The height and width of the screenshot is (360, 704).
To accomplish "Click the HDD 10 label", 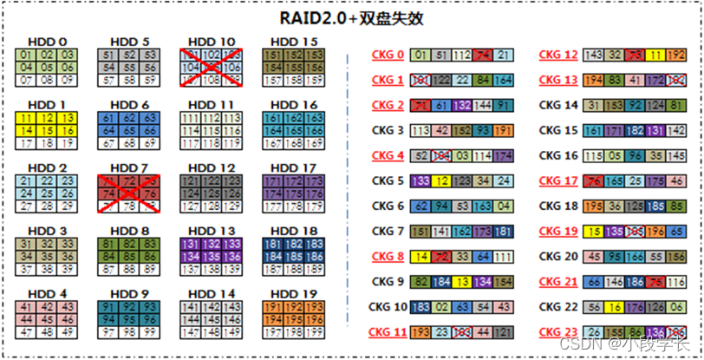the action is click(212, 42).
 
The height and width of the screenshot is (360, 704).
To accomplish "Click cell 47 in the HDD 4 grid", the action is click(27, 332).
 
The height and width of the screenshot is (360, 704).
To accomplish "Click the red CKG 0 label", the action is click(388, 56).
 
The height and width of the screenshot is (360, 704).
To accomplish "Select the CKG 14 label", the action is click(558, 105).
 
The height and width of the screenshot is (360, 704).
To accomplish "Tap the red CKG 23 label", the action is click(558, 331).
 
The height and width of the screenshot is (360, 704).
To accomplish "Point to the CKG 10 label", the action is click(388, 307).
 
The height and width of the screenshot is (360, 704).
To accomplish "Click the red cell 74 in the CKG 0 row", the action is click(483, 56).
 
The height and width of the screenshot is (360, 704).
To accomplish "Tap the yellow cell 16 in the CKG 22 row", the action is click(613, 307).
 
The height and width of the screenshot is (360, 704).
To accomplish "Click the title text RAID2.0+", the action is click(317, 17).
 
